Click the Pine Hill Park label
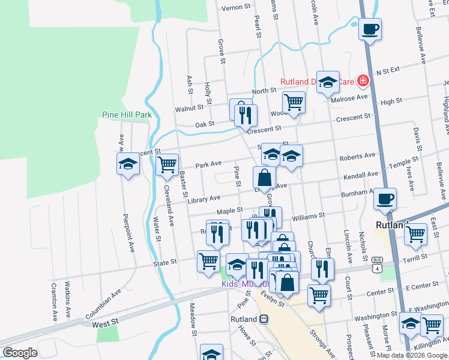[127, 115]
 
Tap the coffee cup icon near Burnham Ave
[385, 199]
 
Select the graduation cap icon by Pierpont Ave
[128, 164]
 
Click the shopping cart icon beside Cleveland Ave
[167, 164]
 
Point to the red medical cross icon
[362, 80]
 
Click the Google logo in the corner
[20, 353]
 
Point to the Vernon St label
[235, 7]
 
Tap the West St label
[106, 323]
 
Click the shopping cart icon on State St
[208, 260]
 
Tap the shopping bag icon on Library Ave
[264, 178]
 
